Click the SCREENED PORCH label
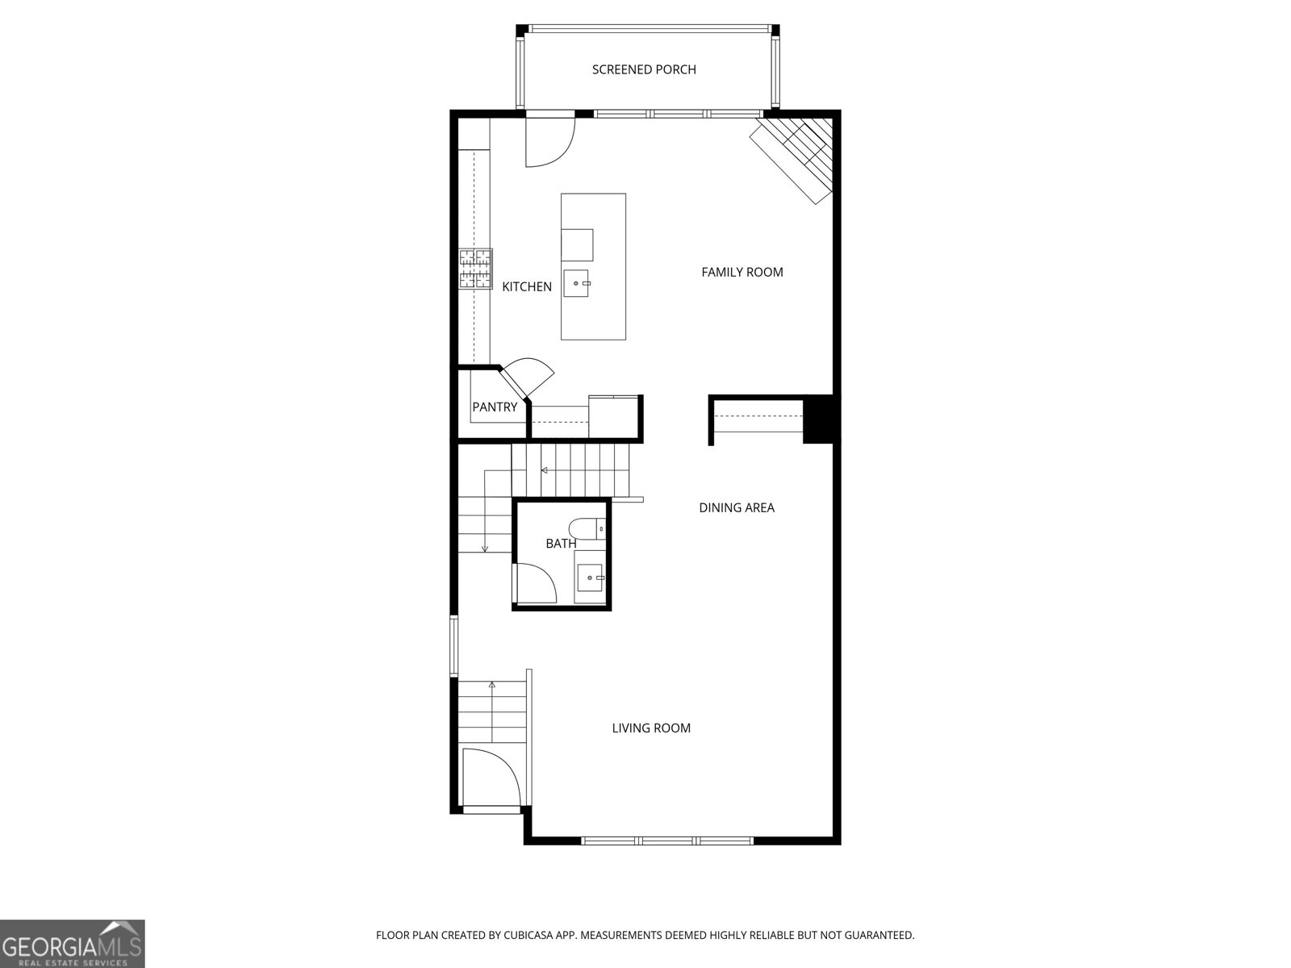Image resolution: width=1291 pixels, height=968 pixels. [644, 69]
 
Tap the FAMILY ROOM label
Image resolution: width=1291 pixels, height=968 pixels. [742, 272]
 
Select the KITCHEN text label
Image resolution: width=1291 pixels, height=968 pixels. [527, 286]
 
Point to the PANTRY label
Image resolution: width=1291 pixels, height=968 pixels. [494, 407]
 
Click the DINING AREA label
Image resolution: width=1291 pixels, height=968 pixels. [736, 507]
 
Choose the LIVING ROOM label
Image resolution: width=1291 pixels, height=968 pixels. [650, 728]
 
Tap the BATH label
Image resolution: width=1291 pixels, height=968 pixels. [561, 544]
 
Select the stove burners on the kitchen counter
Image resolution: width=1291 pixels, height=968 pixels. [476, 269]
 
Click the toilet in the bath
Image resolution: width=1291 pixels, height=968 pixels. [586, 529]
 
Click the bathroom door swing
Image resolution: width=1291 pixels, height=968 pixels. [535, 582]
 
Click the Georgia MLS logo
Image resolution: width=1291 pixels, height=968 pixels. [72, 943]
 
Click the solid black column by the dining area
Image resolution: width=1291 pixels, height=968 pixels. [821, 419]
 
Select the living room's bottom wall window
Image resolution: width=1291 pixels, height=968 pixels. [666, 841]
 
